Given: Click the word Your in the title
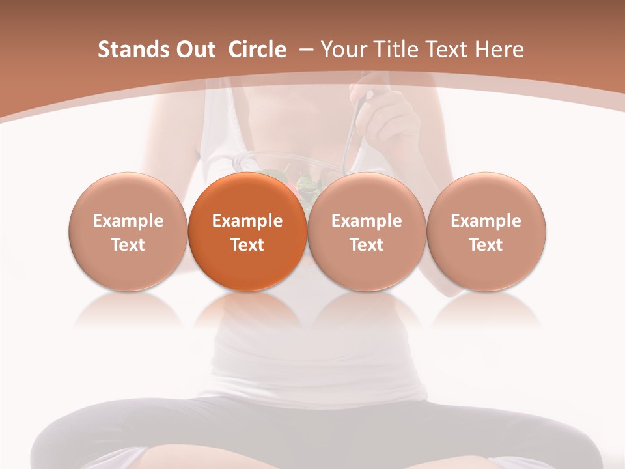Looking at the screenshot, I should (x=342, y=50).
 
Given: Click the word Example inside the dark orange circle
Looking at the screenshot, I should (x=247, y=221).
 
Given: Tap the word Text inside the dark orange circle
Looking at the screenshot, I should (x=247, y=245).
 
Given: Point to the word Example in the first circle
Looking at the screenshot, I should (x=128, y=221).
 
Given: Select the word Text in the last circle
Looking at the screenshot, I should (x=486, y=245).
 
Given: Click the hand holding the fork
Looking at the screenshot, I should (x=387, y=117).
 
